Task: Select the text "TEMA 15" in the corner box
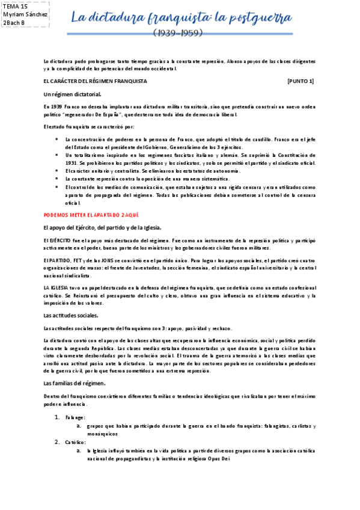point(16,6)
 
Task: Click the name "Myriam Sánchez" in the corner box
point(26,14)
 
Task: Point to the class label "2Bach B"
point(14,23)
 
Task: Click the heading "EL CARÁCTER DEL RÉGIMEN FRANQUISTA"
point(95,81)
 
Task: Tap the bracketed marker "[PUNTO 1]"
point(301,81)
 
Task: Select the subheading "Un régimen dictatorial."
point(73,94)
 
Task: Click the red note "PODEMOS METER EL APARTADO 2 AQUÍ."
point(92,214)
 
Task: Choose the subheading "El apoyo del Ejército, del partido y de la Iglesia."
point(102,227)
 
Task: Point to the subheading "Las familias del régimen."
point(75,382)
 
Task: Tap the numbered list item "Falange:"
point(76,417)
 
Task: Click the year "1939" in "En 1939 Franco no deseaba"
point(58,106)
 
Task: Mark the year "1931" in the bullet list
point(72,162)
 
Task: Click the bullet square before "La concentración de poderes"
point(55,139)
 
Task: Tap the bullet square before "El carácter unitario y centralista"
point(55,171)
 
